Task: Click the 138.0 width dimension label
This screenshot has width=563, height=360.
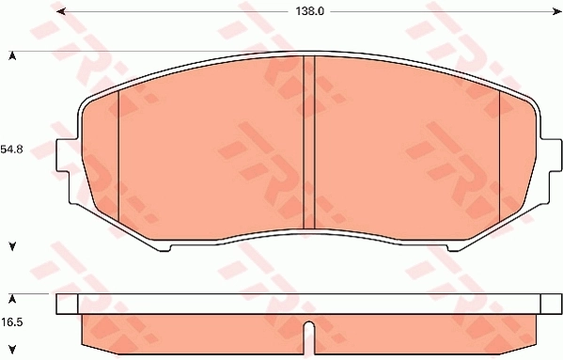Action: click(x=309, y=11)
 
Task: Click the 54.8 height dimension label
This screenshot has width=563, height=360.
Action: click(x=11, y=149)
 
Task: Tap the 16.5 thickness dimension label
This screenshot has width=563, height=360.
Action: click(x=11, y=322)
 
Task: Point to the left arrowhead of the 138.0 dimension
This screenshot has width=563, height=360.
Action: click(x=61, y=11)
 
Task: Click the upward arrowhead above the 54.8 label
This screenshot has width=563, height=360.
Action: click(x=12, y=55)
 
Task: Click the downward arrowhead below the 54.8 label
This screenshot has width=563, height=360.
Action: click(x=12, y=246)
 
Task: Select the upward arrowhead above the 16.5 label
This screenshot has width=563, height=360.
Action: click(x=12, y=299)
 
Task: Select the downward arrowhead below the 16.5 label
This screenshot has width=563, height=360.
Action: click(x=12, y=349)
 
